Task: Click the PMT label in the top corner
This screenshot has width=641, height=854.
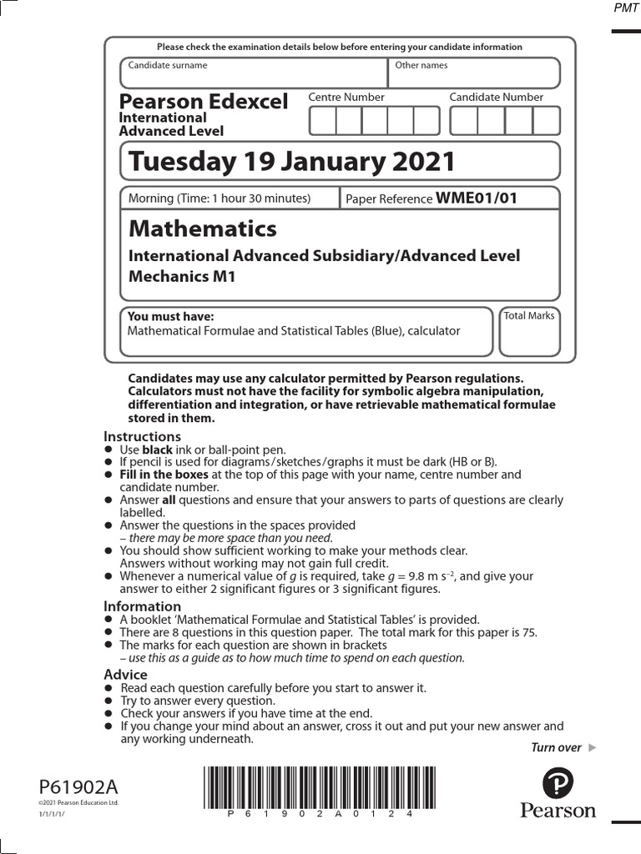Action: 625,9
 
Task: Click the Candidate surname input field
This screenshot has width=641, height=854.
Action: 254,73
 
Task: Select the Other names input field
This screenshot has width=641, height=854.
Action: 474,73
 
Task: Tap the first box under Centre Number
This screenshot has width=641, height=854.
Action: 323,121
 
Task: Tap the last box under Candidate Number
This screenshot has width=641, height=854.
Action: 546,121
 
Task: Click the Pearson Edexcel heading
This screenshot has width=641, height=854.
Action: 204,102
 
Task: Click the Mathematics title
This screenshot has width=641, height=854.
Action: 203,229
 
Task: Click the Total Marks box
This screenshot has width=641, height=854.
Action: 529,334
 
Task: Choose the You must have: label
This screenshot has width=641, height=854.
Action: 170,317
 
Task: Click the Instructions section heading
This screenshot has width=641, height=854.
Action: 142,436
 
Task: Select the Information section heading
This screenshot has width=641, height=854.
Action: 142,606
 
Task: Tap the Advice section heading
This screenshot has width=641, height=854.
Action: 125,674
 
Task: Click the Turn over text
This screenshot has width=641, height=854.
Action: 557,747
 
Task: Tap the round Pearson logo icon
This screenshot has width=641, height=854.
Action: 558,783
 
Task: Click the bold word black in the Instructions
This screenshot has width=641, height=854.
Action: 158,450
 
